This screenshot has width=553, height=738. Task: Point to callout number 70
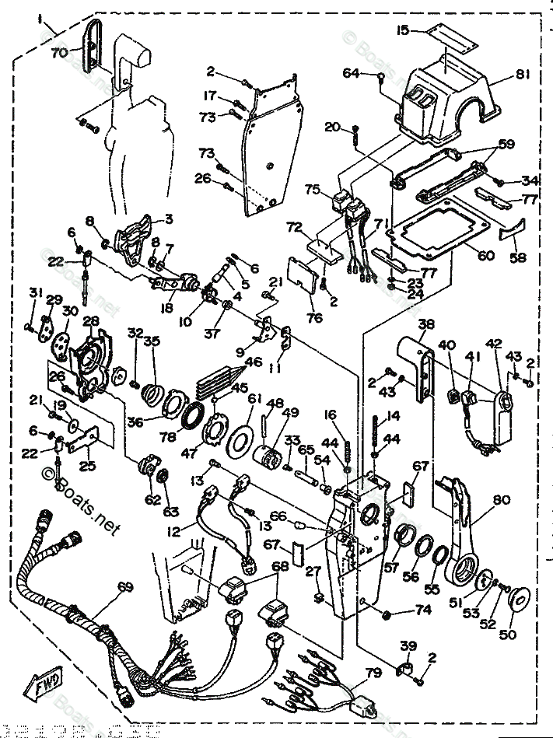click(x=59, y=53)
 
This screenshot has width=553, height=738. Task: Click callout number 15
click(x=402, y=30)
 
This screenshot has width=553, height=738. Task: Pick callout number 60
click(x=486, y=256)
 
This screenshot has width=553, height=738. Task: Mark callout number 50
click(x=506, y=634)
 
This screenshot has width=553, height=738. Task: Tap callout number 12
click(x=172, y=532)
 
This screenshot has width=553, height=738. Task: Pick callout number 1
click(x=40, y=22)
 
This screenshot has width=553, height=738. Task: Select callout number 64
click(x=352, y=74)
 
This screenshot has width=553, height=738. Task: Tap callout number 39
click(x=409, y=646)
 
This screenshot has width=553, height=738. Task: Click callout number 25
click(x=88, y=467)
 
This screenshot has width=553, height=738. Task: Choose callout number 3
click(x=168, y=219)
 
